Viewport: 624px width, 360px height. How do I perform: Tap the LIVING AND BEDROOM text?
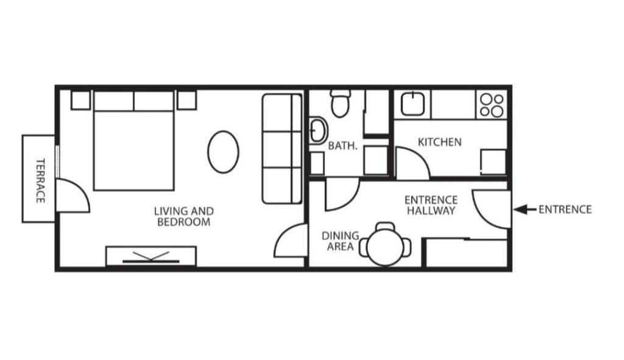tap(183, 217)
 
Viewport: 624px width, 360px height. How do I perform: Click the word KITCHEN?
tap(439, 142)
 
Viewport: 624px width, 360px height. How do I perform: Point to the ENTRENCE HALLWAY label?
tap(431, 205)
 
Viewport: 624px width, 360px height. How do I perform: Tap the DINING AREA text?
tap(340, 241)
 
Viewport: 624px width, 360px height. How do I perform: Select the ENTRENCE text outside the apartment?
tap(565, 210)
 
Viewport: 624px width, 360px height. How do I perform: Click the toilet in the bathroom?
tap(341, 104)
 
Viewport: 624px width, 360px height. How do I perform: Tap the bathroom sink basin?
tap(317, 130)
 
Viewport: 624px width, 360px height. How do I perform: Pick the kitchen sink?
tap(415, 104)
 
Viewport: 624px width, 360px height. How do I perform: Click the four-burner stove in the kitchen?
tap(491, 105)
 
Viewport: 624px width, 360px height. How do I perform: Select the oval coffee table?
tap(223, 152)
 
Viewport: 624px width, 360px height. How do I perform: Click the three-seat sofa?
tap(282, 149)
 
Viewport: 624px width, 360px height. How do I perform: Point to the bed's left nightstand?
tap(80, 100)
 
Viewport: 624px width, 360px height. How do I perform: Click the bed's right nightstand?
tap(186, 100)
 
